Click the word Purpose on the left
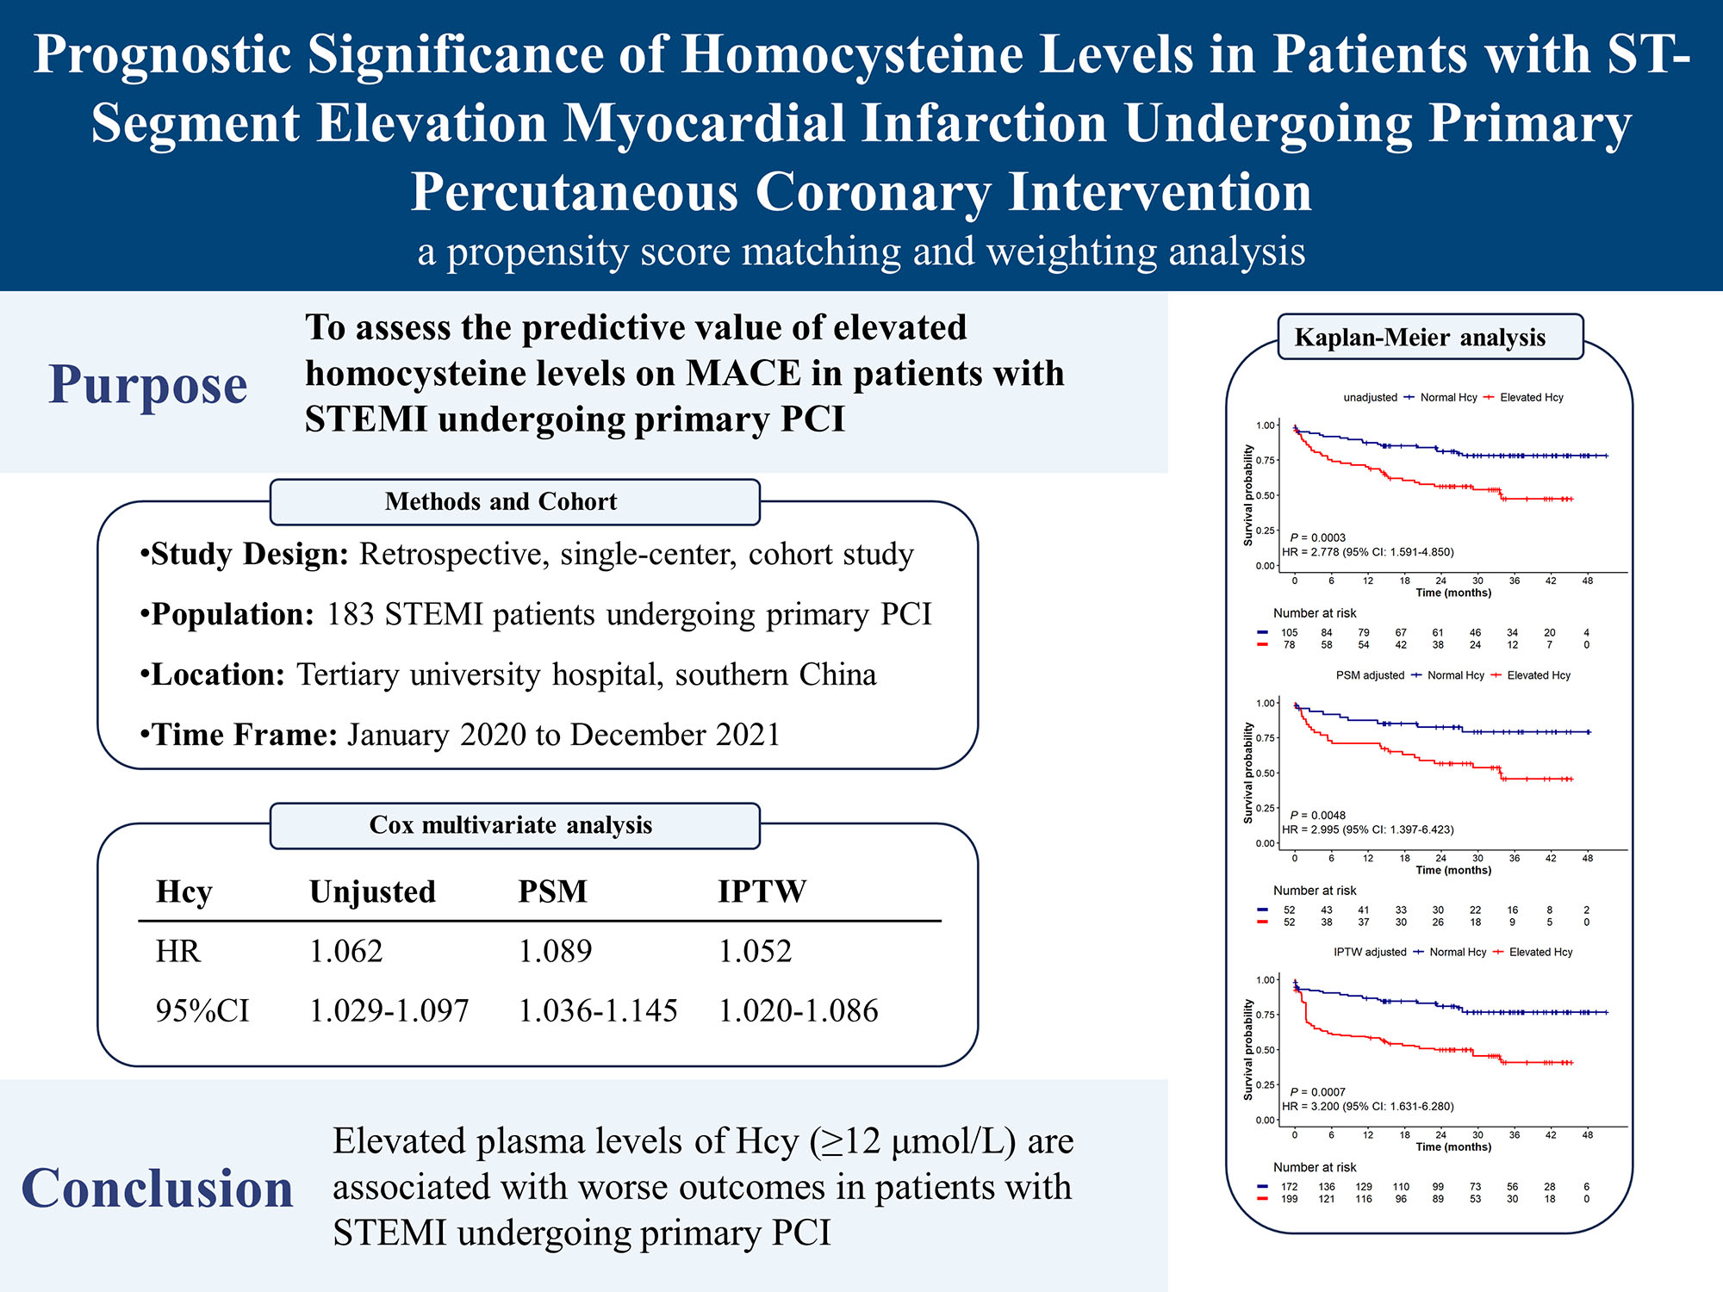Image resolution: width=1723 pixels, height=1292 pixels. tap(147, 384)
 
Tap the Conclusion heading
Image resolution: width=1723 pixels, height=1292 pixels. tap(157, 1189)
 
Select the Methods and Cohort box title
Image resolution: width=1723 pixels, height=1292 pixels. tap(501, 501)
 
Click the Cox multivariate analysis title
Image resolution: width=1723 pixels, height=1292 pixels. tap(510, 825)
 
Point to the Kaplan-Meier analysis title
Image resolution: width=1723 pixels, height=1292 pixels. tap(1420, 337)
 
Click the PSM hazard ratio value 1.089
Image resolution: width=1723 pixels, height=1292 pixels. tap(555, 951)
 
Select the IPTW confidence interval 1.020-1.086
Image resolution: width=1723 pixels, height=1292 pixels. tap(798, 1010)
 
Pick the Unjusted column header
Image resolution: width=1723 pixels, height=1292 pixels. tap(372, 891)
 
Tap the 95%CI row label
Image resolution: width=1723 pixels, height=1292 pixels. tap(202, 1010)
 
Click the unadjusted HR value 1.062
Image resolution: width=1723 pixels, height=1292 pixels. tap(345, 951)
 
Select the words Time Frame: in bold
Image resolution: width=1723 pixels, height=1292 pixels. tap(244, 735)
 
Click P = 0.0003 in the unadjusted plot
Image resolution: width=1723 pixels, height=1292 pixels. tap(1317, 537)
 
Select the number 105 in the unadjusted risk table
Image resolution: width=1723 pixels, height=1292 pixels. tap(1289, 632)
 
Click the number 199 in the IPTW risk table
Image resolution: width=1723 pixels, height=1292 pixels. tap(1289, 1199)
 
